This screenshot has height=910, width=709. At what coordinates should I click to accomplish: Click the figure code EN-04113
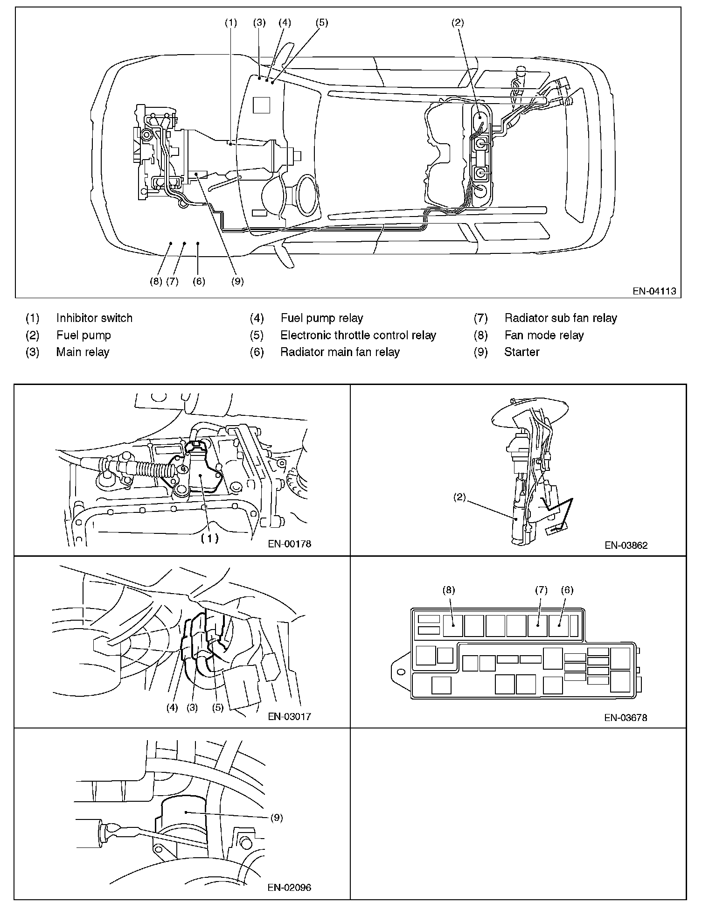pos(654,291)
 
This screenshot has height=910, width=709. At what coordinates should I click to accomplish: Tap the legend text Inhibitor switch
pos(94,318)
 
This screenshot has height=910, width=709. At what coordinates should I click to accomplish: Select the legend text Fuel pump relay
pos(321,318)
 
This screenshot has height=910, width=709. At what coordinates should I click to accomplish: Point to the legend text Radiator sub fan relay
pos(561,318)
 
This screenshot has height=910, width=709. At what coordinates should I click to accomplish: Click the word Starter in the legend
pos(521,352)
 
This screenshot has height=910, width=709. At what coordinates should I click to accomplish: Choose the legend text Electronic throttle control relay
pos(358,335)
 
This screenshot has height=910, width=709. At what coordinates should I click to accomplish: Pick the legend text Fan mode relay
pos(544,335)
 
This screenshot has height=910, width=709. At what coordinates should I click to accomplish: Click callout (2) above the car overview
pos(458,22)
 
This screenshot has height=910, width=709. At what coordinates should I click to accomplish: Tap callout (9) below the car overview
pos(237,281)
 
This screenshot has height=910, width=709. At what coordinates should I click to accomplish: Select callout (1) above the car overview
pos(231,22)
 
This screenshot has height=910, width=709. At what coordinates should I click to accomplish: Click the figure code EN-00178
pos(289,544)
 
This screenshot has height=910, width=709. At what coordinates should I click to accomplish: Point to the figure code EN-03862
pos(626,545)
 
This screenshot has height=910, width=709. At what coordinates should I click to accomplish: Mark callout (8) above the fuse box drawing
pos(449,590)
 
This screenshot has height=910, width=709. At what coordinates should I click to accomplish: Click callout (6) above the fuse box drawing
pos(567,590)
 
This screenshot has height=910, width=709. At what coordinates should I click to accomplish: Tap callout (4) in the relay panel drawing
pos(172,707)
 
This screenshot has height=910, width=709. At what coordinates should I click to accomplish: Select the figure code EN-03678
pos(626,718)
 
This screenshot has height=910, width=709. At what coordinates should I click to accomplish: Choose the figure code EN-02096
pos(289,888)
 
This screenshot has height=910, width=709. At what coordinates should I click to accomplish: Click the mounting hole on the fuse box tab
pos(400,673)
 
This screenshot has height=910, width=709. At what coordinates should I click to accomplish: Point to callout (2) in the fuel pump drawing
pos(460,497)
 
